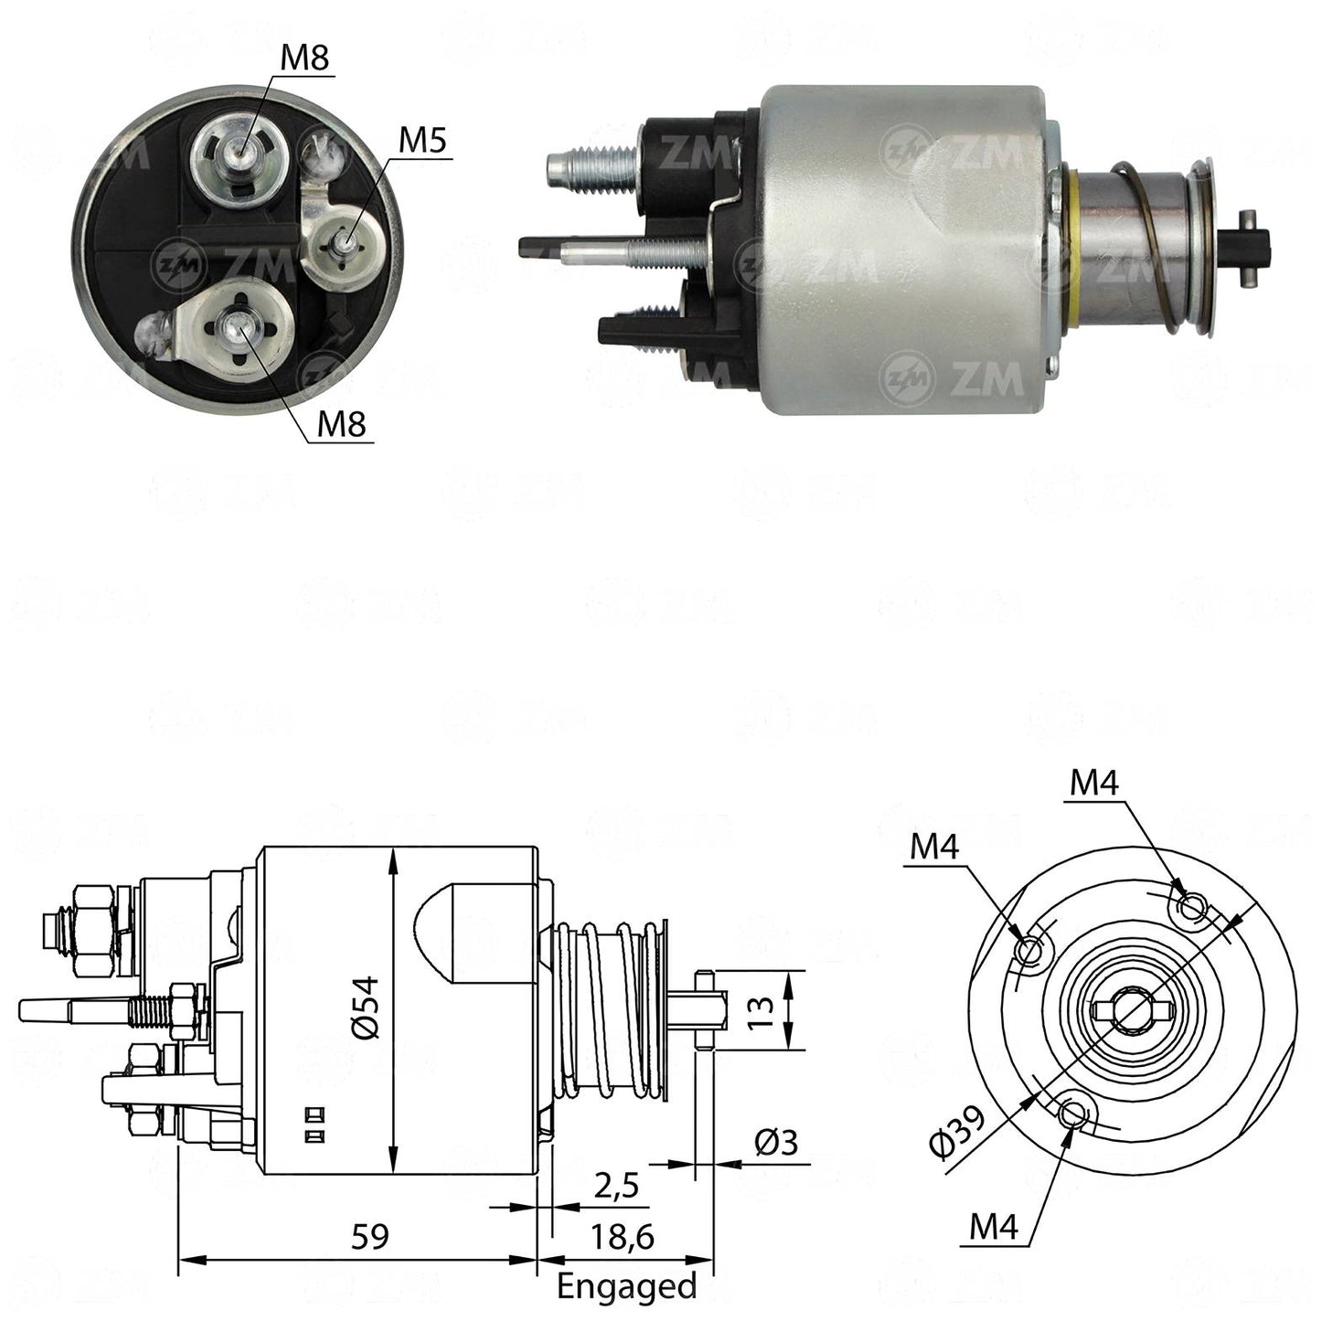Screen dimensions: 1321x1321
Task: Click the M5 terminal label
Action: [x=422, y=141]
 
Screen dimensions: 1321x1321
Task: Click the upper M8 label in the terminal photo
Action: [x=304, y=59]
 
